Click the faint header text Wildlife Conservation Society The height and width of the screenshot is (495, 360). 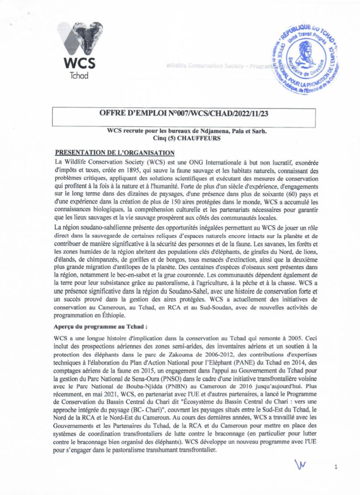(206, 66)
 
